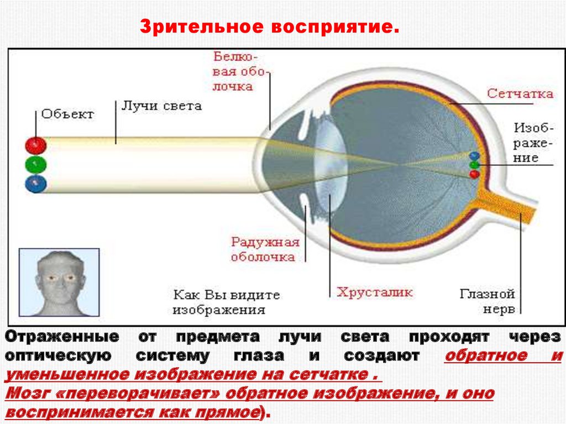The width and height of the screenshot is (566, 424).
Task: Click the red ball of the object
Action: (35, 145)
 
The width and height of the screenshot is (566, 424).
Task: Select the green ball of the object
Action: (35, 165)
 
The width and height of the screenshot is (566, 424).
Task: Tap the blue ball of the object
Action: (35, 184)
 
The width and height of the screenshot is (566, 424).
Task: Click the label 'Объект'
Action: (67, 114)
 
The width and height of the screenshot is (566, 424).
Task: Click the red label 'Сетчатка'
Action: (520, 93)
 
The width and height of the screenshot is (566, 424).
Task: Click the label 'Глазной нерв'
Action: (487, 301)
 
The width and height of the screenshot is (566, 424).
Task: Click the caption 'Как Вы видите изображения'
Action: (226, 302)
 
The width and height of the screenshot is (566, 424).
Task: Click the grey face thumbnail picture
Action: (59, 282)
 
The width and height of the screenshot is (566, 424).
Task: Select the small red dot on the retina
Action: (474, 174)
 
